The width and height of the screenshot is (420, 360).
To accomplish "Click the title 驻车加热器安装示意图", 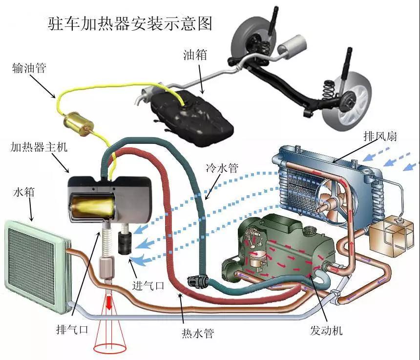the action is point(130,23).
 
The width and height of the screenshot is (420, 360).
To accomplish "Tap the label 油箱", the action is point(195,55).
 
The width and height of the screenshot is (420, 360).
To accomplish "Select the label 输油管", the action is point(29,68).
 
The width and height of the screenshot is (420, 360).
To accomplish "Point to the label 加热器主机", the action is point(39,147).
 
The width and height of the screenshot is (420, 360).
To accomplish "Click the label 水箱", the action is point(24,192).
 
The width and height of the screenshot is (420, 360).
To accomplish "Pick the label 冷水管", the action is point(222,168).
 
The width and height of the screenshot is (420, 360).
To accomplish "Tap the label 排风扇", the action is point(380,136).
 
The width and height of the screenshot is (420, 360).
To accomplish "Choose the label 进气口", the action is point(148,286).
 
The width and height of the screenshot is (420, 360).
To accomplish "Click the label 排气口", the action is point(72,329).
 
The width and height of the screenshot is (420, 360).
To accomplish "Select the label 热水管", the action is point(198,333).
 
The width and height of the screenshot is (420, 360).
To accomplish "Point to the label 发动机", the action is point(326,331).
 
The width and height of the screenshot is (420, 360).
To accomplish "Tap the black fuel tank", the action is point(191,118).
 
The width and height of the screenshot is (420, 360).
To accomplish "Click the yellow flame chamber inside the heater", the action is point(93,204).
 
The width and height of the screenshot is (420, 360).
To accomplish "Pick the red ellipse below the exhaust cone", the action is point(109,348).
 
